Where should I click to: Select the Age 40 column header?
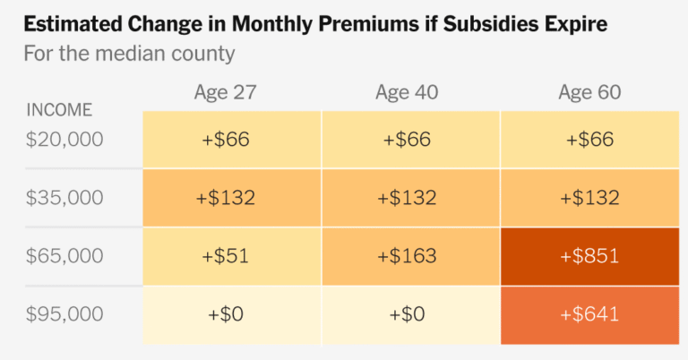(x=407, y=93)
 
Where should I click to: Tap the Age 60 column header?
(x=589, y=93)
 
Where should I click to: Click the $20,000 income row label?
(x=64, y=140)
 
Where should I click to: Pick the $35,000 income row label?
(x=64, y=198)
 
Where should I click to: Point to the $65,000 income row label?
(x=64, y=256)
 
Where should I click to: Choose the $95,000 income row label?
(x=64, y=314)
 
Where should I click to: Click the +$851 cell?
(x=589, y=256)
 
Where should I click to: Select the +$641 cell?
(x=589, y=314)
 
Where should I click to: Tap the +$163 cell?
(x=407, y=256)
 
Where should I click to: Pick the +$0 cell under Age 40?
(x=407, y=314)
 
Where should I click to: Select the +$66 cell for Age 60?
(x=589, y=140)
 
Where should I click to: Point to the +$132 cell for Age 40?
(x=407, y=198)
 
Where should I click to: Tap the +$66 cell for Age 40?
(x=407, y=140)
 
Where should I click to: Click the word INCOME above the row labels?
(x=60, y=111)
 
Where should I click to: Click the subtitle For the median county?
(x=130, y=54)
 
